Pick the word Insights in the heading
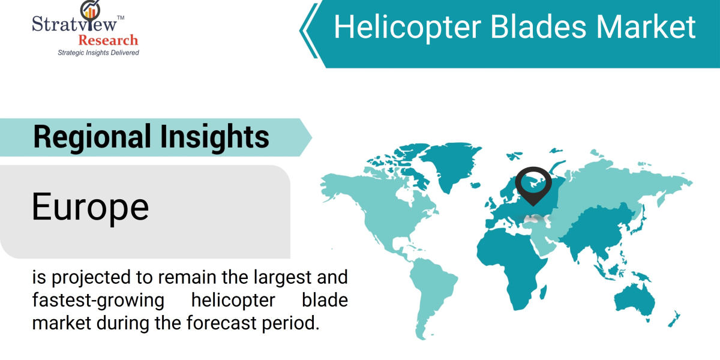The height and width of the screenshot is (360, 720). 214,137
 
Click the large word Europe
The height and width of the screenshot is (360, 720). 90,207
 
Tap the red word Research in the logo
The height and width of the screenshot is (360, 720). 108,41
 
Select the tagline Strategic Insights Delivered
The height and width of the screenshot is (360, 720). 98,53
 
